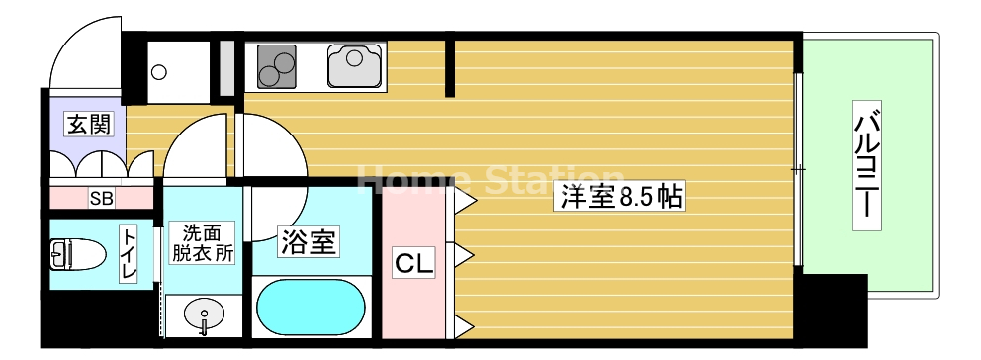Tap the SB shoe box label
point(102,198)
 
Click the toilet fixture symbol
point(77,255)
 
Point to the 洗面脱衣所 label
point(203,242)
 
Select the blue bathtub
point(312,310)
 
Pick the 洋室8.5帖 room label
point(622,197)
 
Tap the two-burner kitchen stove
point(277,66)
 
